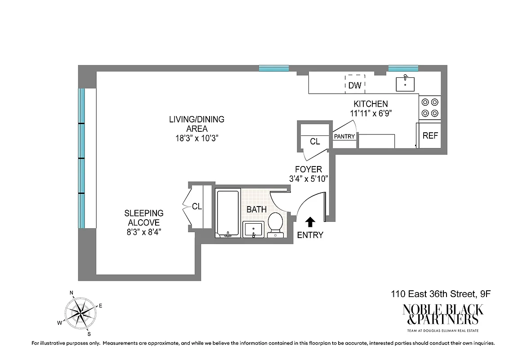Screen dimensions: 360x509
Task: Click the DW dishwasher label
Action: click(x=355, y=85)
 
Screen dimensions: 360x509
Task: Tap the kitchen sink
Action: click(x=405, y=83)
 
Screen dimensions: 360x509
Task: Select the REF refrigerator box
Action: click(x=430, y=135)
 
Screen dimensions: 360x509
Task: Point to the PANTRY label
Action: click(x=345, y=136)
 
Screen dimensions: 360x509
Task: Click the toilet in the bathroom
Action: click(x=275, y=223)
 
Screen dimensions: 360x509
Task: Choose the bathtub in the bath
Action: click(x=228, y=213)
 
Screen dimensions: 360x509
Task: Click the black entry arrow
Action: click(x=310, y=222)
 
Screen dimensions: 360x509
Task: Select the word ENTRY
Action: click(x=310, y=235)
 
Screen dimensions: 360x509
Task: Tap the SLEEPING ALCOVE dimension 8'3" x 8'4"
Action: click(x=144, y=232)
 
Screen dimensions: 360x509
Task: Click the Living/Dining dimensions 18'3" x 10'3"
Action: click(x=196, y=138)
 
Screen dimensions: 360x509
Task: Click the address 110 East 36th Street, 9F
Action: click(x=440, y=294)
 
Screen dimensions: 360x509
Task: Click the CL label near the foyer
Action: click(x=315, y=142)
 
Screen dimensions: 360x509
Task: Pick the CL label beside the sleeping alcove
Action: click(x=196, y=207)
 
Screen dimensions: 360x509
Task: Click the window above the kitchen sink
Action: click(x=403, y=68)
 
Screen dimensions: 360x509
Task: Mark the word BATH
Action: click(x=256, y=209)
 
